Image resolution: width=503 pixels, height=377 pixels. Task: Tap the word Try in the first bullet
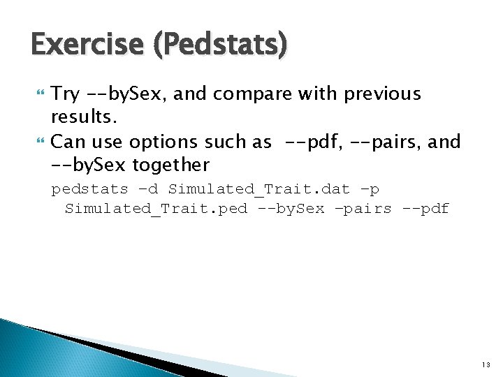coord(66,94)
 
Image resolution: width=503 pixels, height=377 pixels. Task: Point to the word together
coord(168,165)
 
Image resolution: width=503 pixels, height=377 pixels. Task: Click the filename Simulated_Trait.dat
coord(258,189)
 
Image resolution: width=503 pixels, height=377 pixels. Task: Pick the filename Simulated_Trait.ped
coord(156,209)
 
